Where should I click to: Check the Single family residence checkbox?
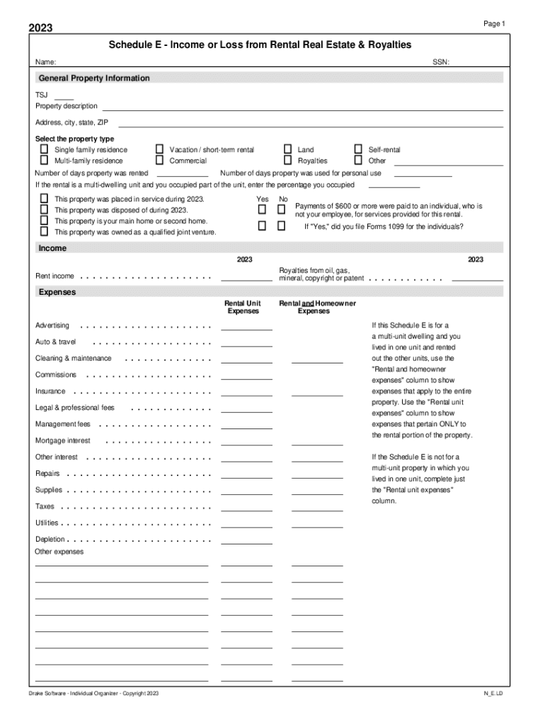(44, 150)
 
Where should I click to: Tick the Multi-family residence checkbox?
(44, 160)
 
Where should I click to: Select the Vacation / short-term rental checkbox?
(159, 150)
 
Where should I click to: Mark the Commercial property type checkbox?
(159, 160)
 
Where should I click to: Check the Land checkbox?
(288, 150)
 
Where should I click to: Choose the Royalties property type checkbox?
(288, 160)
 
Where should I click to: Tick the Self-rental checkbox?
(358, 150)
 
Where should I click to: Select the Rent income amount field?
(246, 277)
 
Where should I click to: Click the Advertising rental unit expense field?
(246, 327)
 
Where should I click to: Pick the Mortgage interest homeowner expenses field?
(316, 442)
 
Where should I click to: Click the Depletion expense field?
(246, 541)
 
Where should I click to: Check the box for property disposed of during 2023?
(44, 210)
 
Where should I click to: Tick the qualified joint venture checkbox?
(44, 232)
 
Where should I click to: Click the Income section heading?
(53, 248)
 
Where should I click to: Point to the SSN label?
(441, 63)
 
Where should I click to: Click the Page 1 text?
(494, 24)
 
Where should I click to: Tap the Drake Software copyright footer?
(93, 694)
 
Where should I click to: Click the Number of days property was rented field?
(182, 174)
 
